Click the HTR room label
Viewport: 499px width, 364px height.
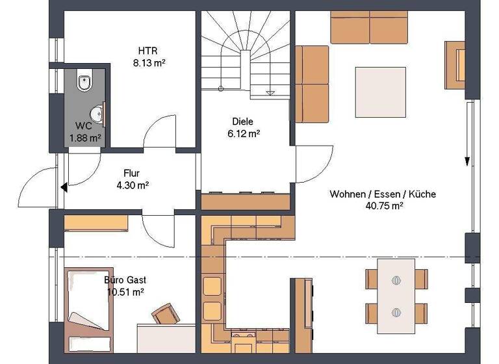143,51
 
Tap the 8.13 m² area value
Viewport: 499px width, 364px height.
143,64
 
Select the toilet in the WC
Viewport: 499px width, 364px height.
83,83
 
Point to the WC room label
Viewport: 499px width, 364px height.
83,126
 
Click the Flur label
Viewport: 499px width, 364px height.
133,174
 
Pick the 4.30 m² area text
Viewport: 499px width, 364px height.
133,185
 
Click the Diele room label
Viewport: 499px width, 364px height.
243,122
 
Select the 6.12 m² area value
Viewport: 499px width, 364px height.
243,133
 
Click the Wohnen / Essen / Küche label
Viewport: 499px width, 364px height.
383,194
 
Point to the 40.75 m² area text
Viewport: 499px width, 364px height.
383,205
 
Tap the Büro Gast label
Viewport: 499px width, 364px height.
125,280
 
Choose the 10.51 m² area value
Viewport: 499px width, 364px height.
125,292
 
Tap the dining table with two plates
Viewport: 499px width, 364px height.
396,296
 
